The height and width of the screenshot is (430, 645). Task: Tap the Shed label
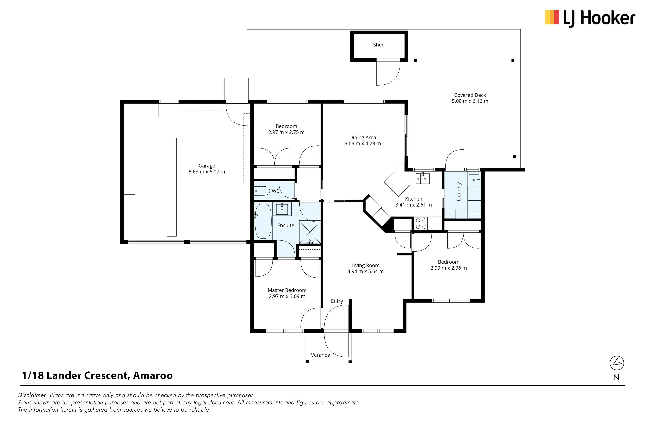click(379, 45)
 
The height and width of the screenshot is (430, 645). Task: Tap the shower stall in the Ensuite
click(310, 232)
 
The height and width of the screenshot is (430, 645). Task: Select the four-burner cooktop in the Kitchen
click(421, 223)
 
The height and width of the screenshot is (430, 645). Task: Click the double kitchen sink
click(423, 178)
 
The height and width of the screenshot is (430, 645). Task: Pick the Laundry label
click(459, 191)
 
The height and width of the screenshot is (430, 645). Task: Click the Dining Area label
click(362, 137)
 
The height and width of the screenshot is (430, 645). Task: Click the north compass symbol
click(617, 363)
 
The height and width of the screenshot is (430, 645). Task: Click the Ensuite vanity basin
click(282, 209)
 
